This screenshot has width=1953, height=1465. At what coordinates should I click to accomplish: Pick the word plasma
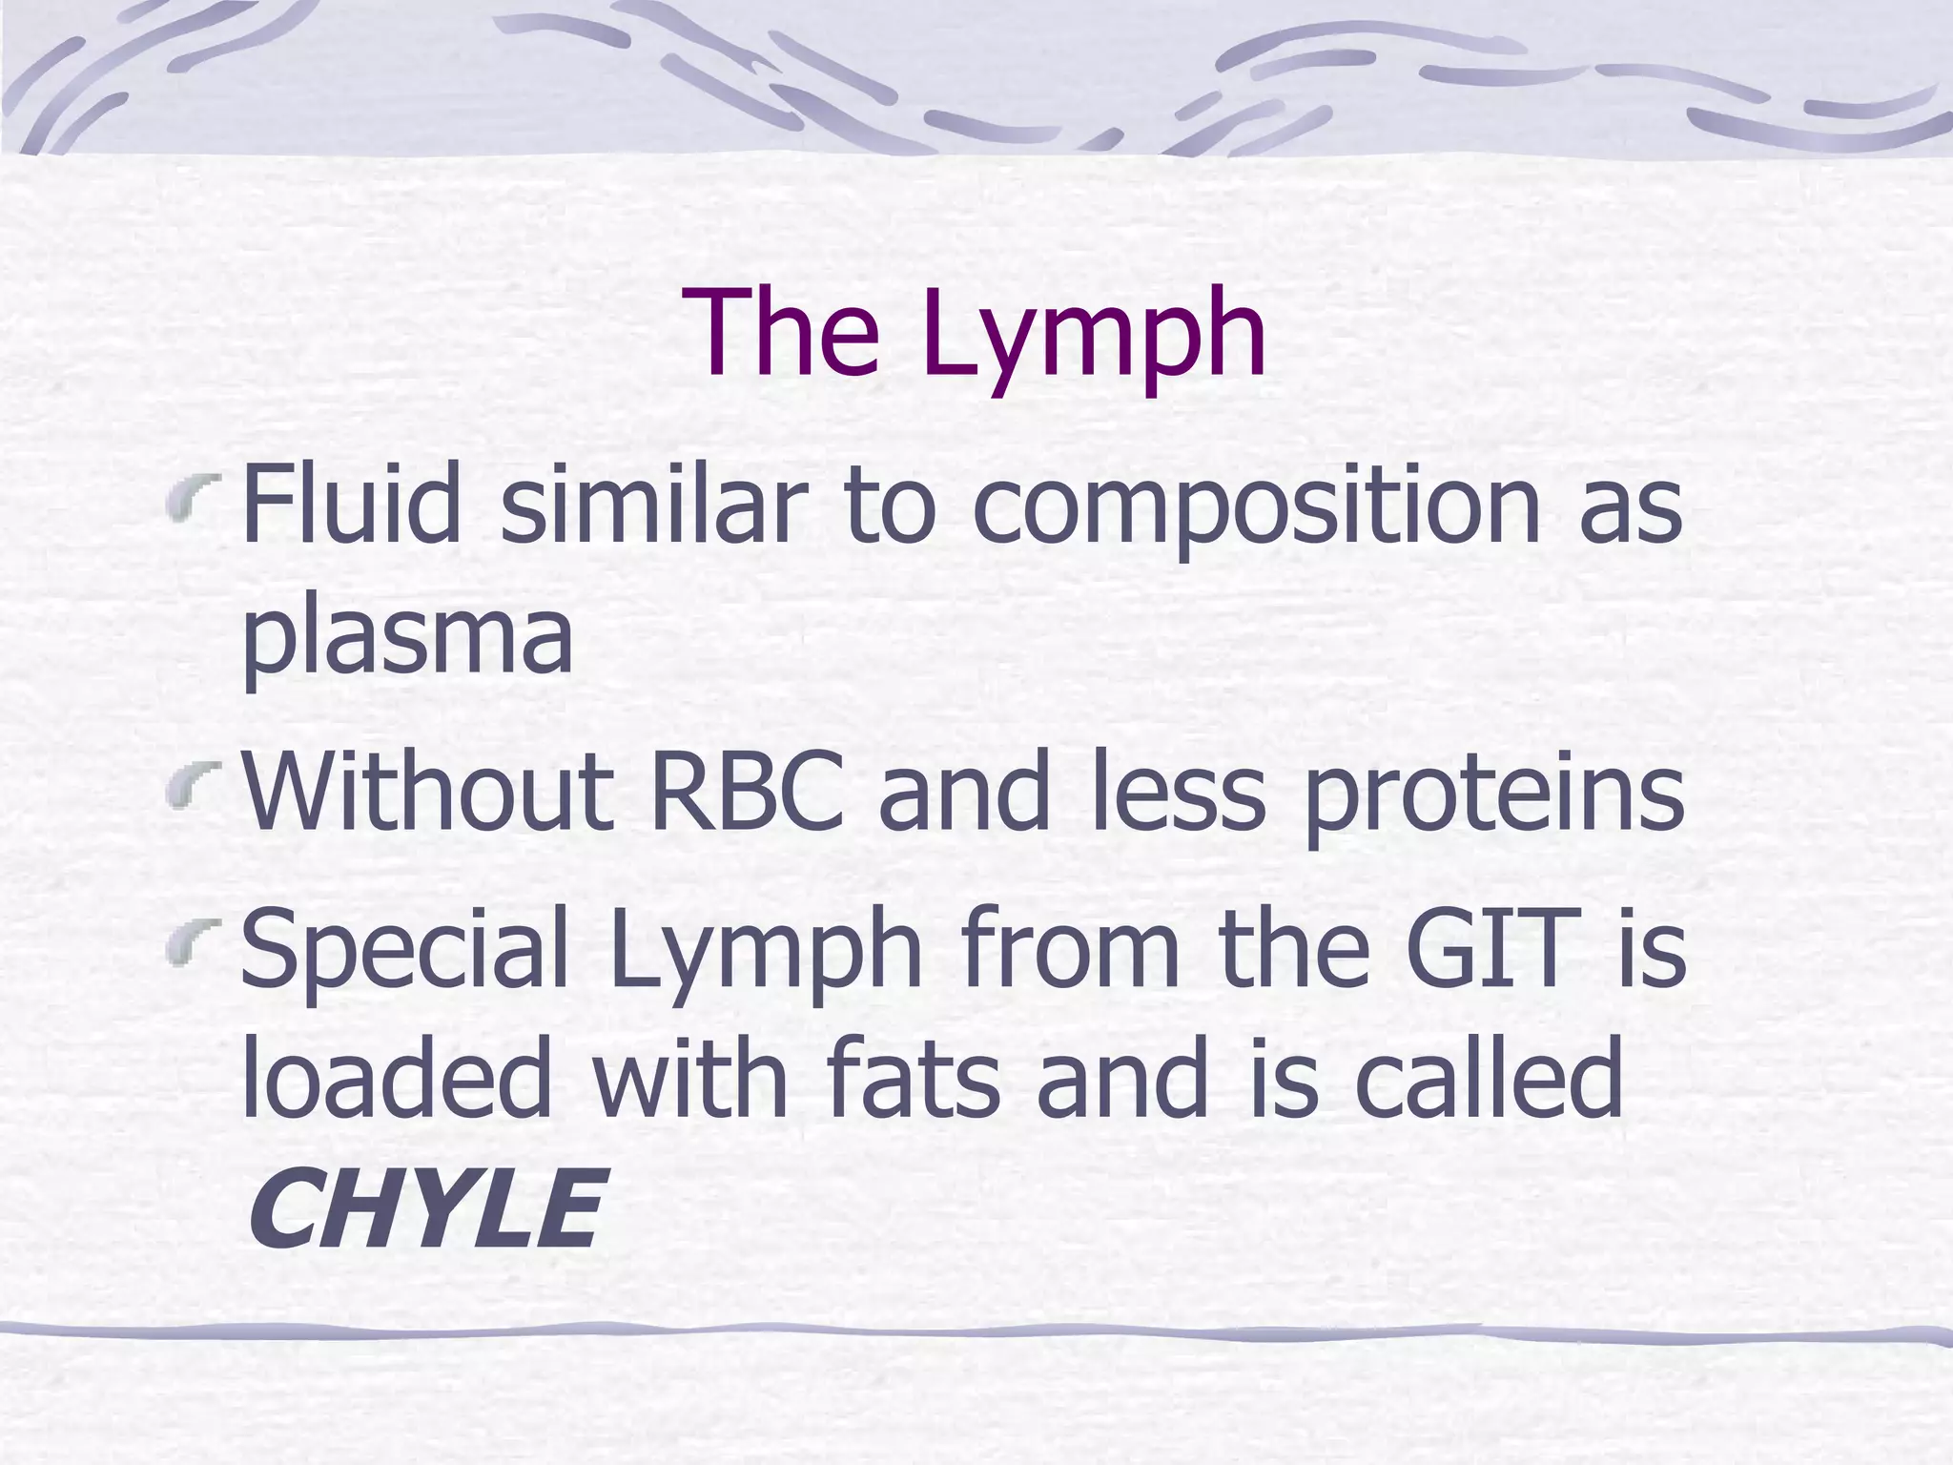click(x=407, y=637)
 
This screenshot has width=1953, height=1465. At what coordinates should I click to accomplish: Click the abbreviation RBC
click(x=746, y=792)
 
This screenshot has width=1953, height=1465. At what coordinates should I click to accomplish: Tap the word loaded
click(x=397, y=1078)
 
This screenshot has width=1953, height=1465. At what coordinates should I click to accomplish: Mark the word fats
click(x=914, y=1078)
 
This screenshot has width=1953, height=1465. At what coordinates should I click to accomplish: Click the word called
click(x=1489, y=1078)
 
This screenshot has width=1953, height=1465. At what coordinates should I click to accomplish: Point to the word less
click(x=1179, y=792)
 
